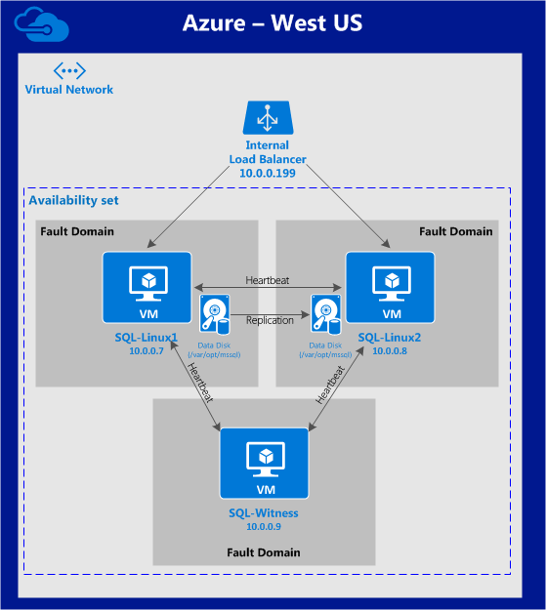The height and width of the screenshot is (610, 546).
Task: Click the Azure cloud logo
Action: coord(42,24)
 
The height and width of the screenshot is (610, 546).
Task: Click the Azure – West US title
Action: coord(273,23)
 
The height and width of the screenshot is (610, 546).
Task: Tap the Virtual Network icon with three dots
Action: coord(69,71)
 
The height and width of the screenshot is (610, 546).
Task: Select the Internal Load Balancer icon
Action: coord(268,117)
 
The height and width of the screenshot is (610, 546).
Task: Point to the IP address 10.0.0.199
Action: coord(268,173)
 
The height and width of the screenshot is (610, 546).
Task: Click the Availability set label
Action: coord(73,200)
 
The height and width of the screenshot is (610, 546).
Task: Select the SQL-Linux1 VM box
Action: coord(147,288)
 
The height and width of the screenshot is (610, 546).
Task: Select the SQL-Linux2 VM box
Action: coord(391,288)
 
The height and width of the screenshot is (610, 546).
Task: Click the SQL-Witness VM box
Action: coord(265,464)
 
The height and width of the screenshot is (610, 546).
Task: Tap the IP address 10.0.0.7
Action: coord(147,351)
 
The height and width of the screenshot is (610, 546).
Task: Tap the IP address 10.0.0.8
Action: coord(390,351)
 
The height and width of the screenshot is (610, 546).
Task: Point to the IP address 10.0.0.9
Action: coord(264,527)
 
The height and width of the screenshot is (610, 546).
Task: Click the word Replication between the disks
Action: coord(270,320)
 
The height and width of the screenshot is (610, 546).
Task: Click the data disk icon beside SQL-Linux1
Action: coord(215,314)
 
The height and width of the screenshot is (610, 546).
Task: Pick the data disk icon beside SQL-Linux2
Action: coord(326,314)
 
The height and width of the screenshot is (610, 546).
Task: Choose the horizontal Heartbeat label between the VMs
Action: coord(268,280)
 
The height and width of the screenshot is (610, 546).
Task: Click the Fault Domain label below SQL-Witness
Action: coord(264,552)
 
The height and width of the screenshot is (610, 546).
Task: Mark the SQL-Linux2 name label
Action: coord(390,338)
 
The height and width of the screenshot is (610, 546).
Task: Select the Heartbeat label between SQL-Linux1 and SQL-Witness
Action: coord(200,383)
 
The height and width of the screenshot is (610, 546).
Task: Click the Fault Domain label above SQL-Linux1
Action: coord(77,231)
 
